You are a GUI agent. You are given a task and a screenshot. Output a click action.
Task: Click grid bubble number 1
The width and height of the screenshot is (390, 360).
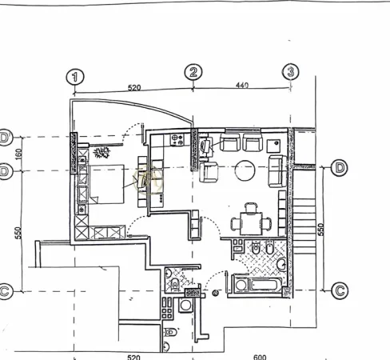[x=75, y=77]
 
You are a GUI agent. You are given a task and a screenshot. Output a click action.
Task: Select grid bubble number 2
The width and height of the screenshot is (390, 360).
[x=194, y=73]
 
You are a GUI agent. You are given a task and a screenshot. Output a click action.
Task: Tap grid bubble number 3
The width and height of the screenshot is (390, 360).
[x=291, y=72]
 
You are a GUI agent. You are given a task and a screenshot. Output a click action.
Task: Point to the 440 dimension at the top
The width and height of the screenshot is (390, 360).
[x=242, y=85]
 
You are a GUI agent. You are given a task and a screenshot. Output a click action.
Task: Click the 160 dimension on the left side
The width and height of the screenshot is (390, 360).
[x=18, y=152]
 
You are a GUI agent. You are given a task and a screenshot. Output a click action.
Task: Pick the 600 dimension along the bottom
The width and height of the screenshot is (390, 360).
[x=259, y=357]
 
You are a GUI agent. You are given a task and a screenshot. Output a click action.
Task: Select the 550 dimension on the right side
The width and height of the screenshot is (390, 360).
[x=320, y=230]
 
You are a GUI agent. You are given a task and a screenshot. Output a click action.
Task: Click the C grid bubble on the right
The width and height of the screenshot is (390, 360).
[x=339, y=290]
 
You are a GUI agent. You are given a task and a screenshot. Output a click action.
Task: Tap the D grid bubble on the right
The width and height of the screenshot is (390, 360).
[x=340, y=168]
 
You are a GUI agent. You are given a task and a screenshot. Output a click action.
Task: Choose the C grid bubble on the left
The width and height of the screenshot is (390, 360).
[x=4, y=291]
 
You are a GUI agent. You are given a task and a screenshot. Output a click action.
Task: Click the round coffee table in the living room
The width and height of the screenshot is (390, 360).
[x=245, y=170]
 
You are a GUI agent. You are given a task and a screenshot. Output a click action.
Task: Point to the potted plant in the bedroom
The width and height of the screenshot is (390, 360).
[x=101, y=151]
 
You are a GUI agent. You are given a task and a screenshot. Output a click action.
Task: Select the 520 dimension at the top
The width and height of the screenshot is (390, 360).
[x=133, y=87]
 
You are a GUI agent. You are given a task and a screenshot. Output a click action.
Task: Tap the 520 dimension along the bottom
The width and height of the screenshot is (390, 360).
[x=133, y=357]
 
